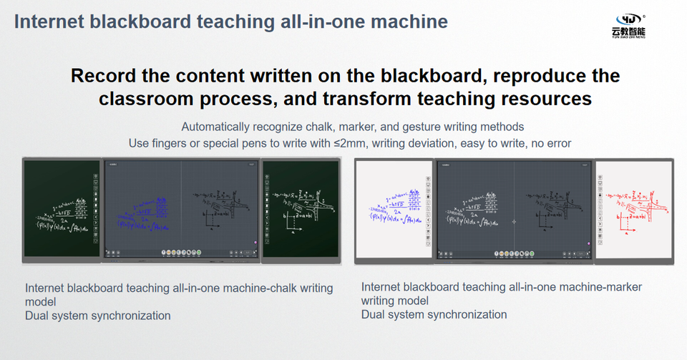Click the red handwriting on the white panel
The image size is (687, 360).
(x=635, y=204)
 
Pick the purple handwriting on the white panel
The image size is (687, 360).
(x=392, y=205)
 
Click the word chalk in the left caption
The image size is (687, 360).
(x=262, y=288)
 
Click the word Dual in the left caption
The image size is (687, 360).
(x=37, y=315)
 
